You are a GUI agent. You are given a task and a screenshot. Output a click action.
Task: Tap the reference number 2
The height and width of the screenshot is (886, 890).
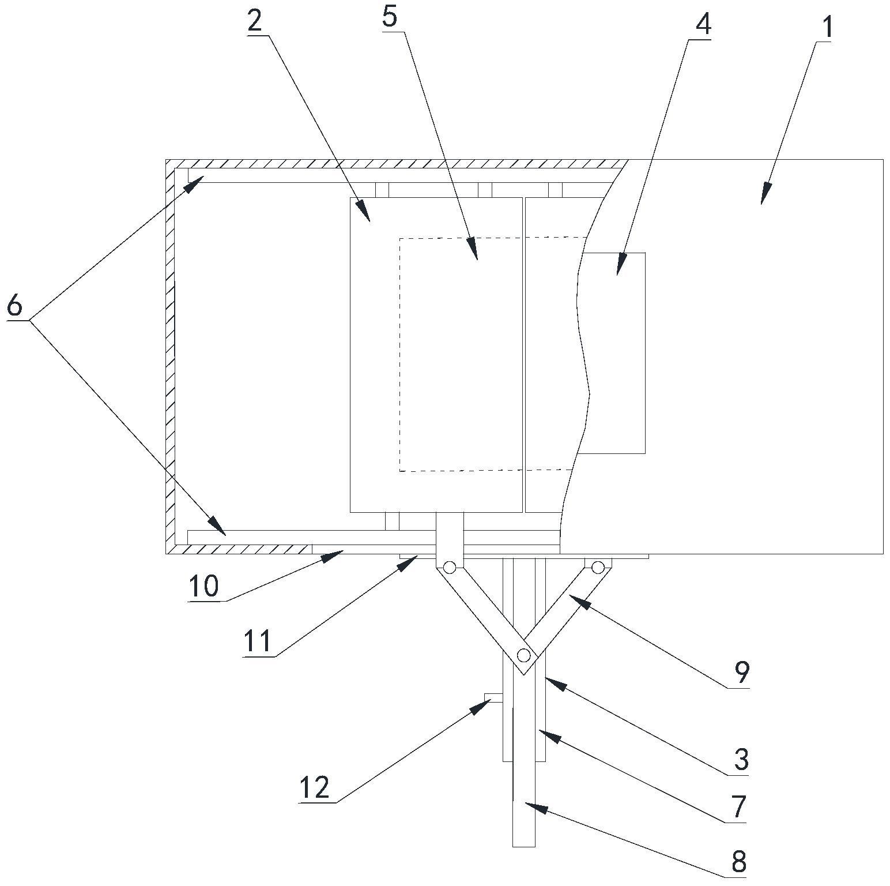click(x=255, y=21)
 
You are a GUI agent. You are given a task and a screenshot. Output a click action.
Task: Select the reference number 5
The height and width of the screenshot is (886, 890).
click(x=390, y=17)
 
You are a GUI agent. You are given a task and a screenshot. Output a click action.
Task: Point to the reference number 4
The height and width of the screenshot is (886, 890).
click(x=703, y=24)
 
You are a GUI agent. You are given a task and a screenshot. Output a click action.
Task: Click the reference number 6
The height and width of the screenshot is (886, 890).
click(x=14, y=305)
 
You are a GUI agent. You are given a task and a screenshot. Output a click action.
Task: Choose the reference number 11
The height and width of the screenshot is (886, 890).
click(x=257, y=641)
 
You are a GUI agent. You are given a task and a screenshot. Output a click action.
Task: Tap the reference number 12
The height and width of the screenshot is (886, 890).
click(x=314, y=787)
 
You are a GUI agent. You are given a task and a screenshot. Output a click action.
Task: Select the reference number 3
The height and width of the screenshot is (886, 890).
click(x=741, y=759)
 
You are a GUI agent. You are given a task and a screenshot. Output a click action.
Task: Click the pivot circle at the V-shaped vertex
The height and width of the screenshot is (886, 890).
click(x=523, y=655)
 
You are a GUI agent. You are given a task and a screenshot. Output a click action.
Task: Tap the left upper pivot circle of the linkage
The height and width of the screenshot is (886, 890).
click(x=449, y=568)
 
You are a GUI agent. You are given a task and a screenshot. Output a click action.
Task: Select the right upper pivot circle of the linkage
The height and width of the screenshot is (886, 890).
click(x=598, y=568)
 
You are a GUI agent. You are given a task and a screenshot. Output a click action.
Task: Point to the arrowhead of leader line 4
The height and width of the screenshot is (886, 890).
click(x=619, y=269)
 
